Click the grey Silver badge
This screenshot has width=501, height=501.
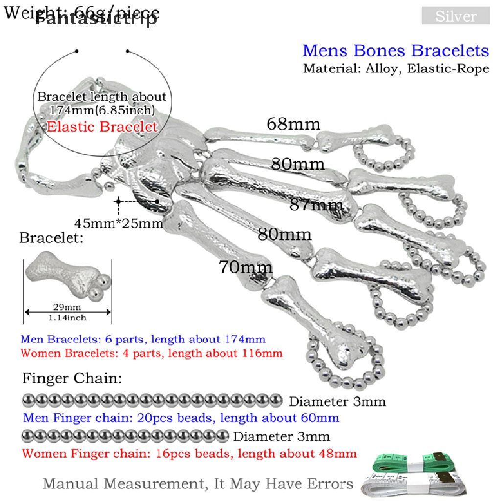[455, 16]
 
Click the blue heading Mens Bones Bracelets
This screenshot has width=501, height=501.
[396, 50]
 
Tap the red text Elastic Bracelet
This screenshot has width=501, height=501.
[102, 127]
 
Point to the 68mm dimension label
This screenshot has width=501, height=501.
[294, 124]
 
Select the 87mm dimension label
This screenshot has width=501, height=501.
[314, 205]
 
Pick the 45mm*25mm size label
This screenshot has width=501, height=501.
[118, 224]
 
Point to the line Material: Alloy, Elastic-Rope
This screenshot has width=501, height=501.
[396, 68]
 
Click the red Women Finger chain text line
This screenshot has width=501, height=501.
[189, 454]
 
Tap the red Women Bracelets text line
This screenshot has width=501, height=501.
[152, 352]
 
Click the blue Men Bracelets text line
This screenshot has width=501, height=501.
[143, 339]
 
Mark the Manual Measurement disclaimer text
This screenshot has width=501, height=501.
[198, 484]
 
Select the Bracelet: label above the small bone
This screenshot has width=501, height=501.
[51, 238]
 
